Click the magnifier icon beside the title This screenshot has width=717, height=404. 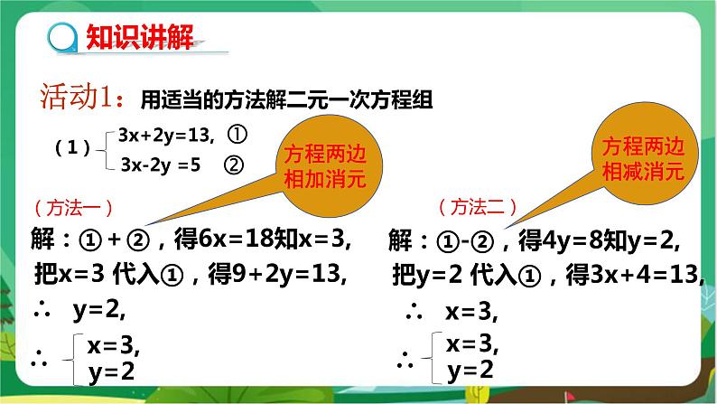coord(62,38)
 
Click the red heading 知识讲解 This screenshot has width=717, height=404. coord(139,36)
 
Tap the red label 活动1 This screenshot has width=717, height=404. coord(76,97)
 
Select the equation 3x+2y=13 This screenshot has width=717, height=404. coord(165,136)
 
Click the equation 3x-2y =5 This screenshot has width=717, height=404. coord(160,164)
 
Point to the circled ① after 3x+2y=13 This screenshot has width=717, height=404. coord(237,135)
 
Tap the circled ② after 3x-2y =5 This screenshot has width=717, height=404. coord(234,165)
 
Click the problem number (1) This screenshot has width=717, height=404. coord(72,147)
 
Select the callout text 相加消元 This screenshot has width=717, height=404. coord(325,178)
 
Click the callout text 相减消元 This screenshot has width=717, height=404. coord(642,172)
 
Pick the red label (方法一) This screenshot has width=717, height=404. coord(73,208)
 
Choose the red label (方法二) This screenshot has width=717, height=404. coord(478,207)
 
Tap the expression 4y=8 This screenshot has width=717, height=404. coord(572,240)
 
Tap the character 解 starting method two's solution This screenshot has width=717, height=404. coord(400,240)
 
